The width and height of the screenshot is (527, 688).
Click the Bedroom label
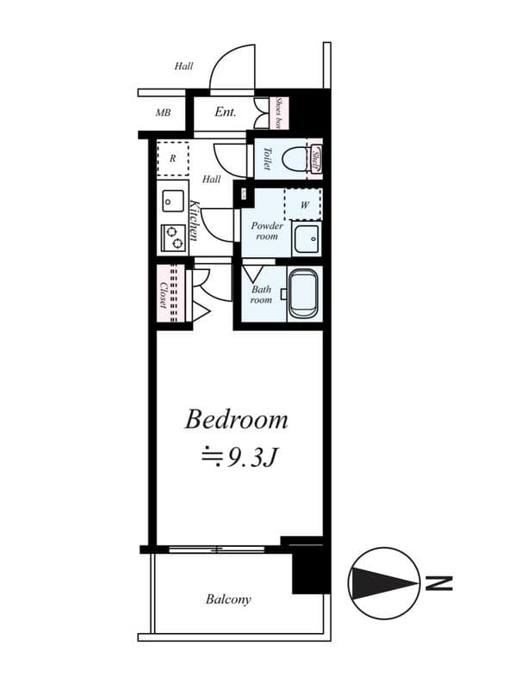tap(237, 421)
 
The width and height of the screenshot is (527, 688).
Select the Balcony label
tap(228, 599)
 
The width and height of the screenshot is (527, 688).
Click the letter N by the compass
tap(439, 585)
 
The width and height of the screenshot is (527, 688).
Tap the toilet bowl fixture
tap(297, 158)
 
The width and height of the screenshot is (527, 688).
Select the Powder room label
tap(265, 230)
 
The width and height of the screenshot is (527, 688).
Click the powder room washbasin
tap(306, 238)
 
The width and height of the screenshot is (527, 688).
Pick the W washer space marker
tap(304, 206)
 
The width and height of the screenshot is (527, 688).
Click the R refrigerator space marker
tap(172, 158)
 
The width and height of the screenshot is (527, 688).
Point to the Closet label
tap(163, 294)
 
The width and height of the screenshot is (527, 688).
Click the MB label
tap(163, 113)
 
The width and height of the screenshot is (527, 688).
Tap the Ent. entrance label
tap(226, 112)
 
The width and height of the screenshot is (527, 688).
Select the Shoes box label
tap(280, 113)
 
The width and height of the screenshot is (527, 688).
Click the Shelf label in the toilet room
tap(316, 158)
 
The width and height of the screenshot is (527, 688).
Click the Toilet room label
tap(267, 158)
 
